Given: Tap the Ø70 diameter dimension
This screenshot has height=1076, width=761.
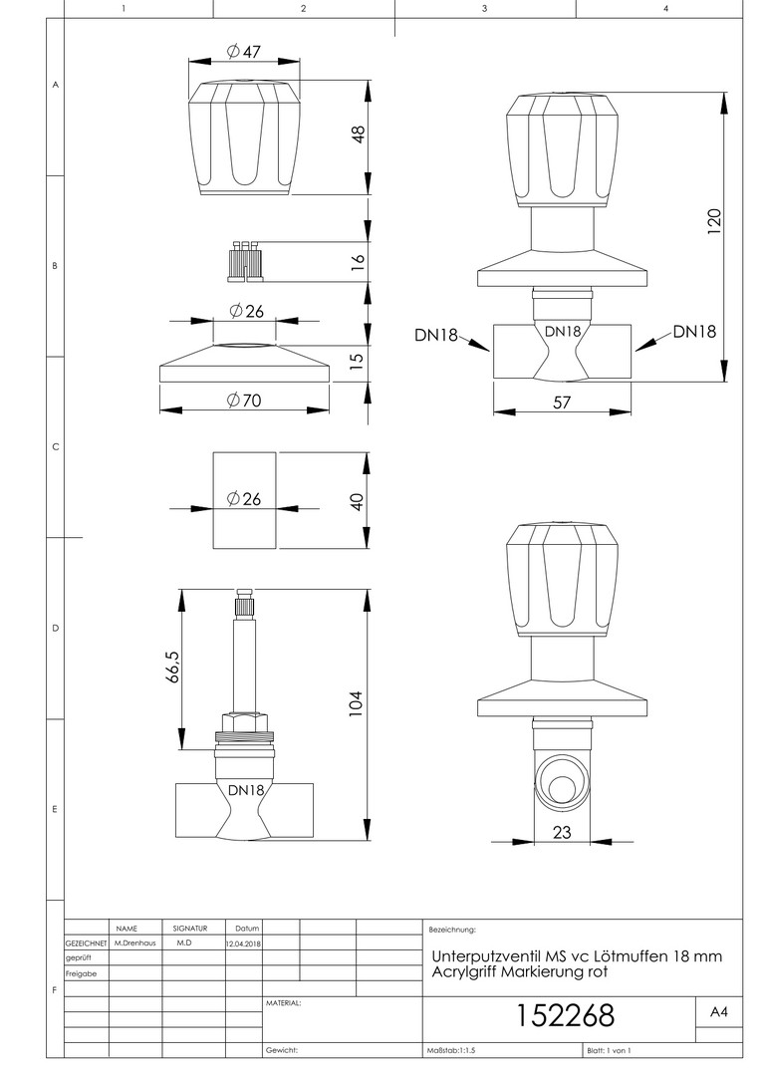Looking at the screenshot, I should pos(244,400).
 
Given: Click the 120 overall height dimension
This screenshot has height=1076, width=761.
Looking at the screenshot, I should pos(712,219).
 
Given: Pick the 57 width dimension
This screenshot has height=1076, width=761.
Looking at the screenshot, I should pos(562,402).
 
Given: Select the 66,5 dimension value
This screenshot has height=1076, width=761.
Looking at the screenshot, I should pos(172,668).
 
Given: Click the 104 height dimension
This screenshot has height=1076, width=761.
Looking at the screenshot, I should pos(357,702).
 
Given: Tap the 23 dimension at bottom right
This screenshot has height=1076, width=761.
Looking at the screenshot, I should pos(562,833).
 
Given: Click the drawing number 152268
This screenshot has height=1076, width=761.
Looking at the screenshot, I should pos(565,1015).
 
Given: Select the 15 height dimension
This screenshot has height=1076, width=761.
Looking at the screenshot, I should pos(359,361).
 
